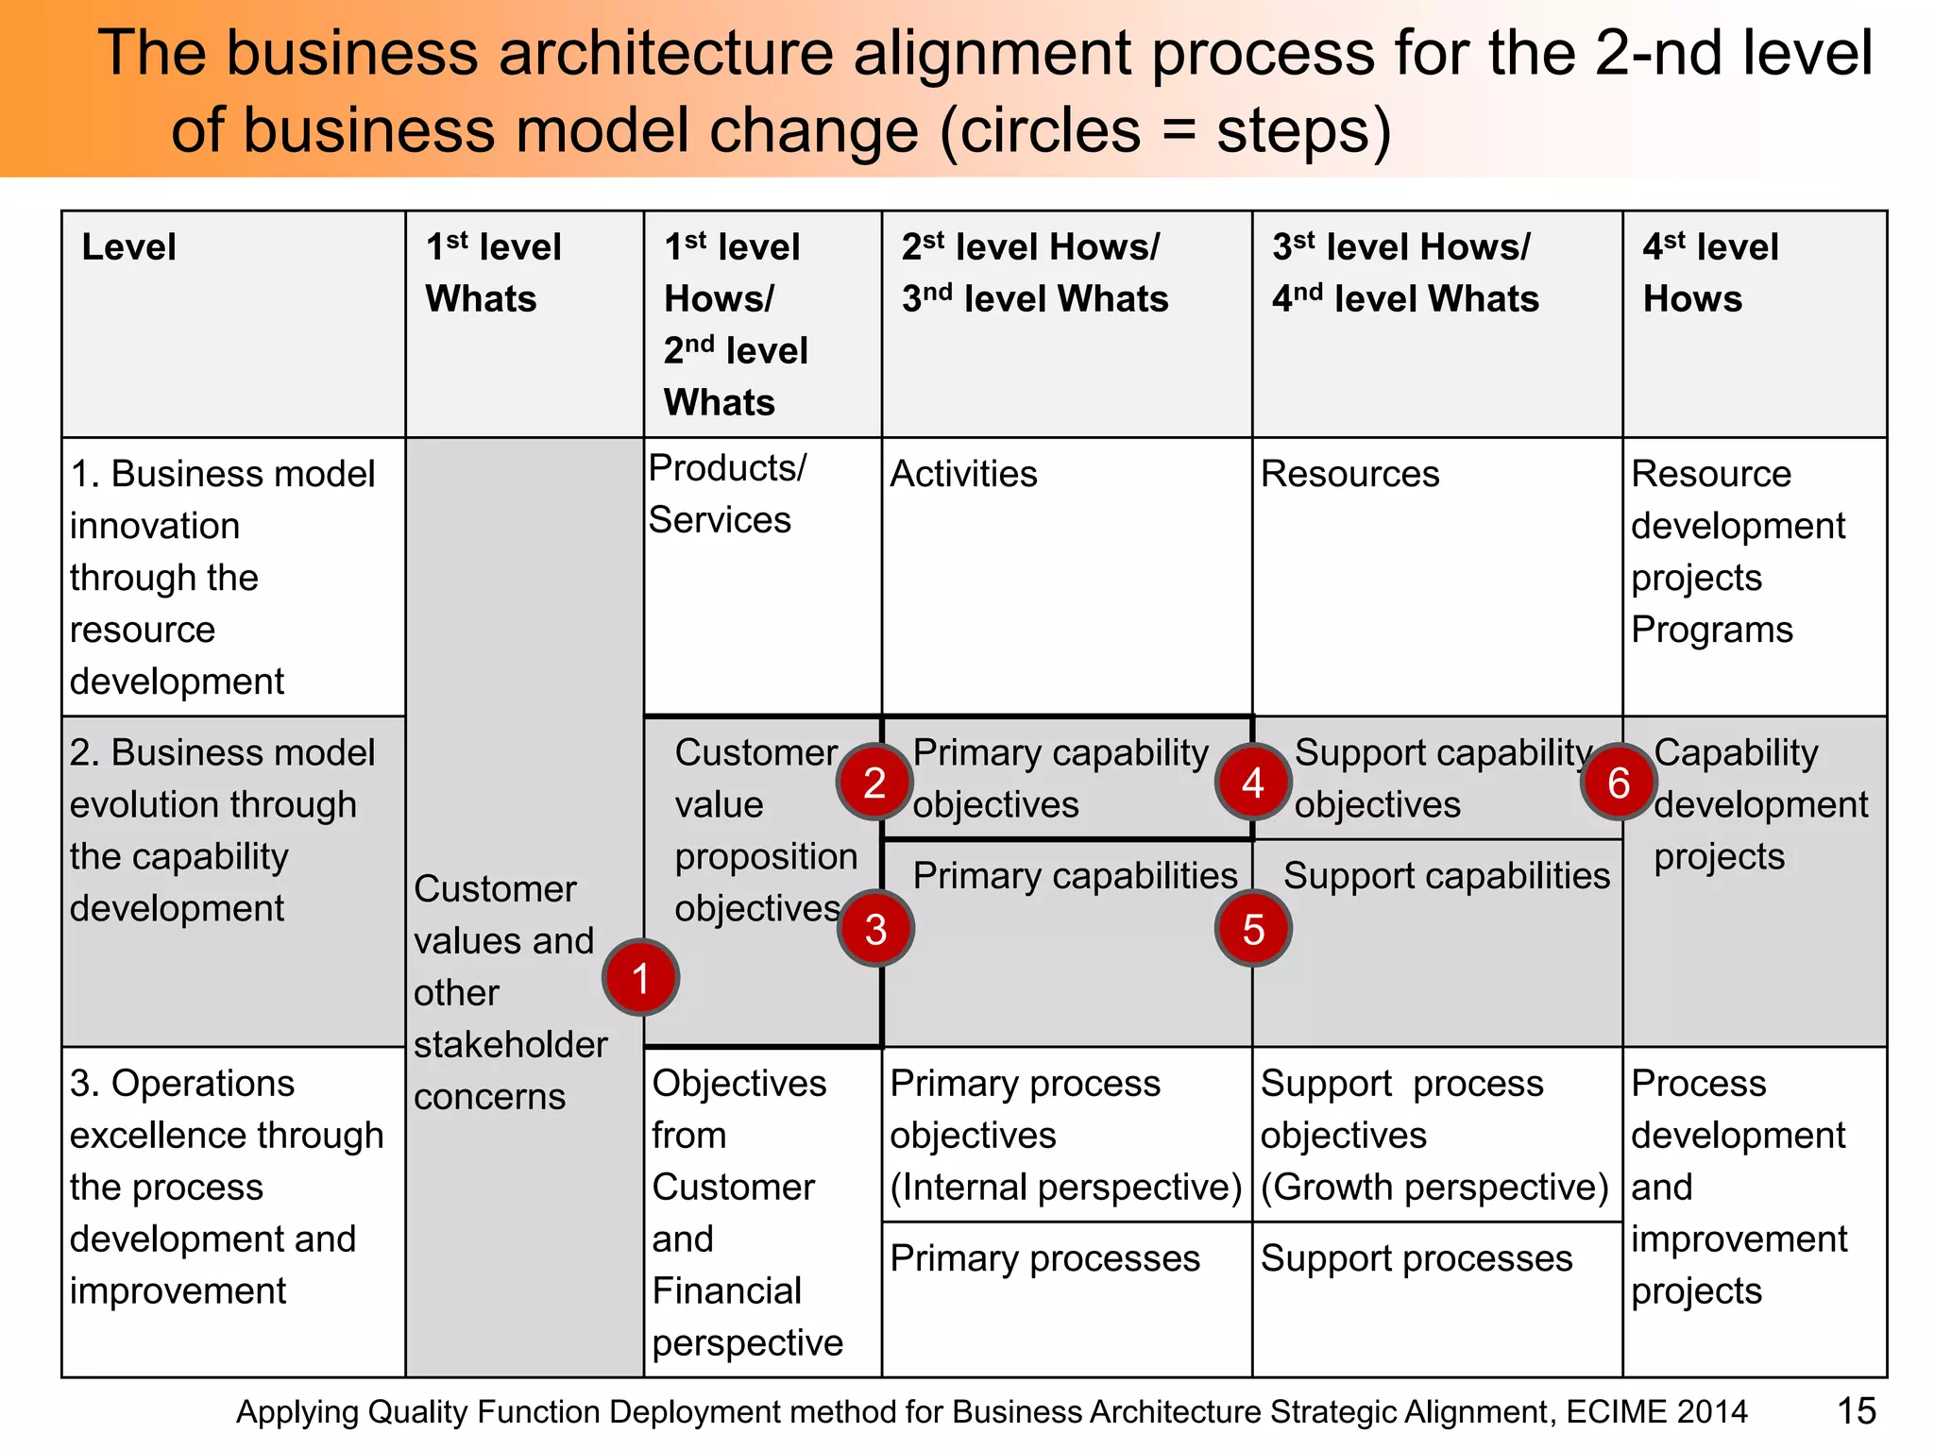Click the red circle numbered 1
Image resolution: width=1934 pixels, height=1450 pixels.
pos(640,977)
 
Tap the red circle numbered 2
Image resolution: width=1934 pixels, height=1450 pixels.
pos(874,782)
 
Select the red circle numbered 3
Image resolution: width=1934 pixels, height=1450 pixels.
pos(875,929)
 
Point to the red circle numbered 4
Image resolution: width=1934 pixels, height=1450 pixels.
pos(1252,782)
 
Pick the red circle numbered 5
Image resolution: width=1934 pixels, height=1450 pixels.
pos(1252,929)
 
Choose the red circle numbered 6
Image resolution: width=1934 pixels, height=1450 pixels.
pos(1618,782)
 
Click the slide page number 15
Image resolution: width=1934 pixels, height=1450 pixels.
pos(1856,1411)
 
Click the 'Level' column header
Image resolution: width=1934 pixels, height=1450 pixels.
pos(129,247)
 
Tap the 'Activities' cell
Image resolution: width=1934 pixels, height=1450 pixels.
pos(963,474)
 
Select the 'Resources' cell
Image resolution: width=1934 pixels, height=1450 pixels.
pos(1349,474)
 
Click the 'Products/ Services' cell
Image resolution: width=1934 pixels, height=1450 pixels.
pos(727,494)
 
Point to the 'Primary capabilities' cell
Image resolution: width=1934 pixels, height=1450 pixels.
pos(1075,876)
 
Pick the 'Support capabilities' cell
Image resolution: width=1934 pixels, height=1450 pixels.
pos(1446,876)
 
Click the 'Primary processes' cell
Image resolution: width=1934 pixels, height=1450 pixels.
pos(1044,1258)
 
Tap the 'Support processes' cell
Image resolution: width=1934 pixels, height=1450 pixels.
pos(1416,1258)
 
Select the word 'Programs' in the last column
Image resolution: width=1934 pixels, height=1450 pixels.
pos(1711,630)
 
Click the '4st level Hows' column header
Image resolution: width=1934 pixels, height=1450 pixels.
pos(1709,273)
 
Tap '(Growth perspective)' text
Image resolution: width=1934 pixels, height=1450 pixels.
pos(1434,1188)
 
